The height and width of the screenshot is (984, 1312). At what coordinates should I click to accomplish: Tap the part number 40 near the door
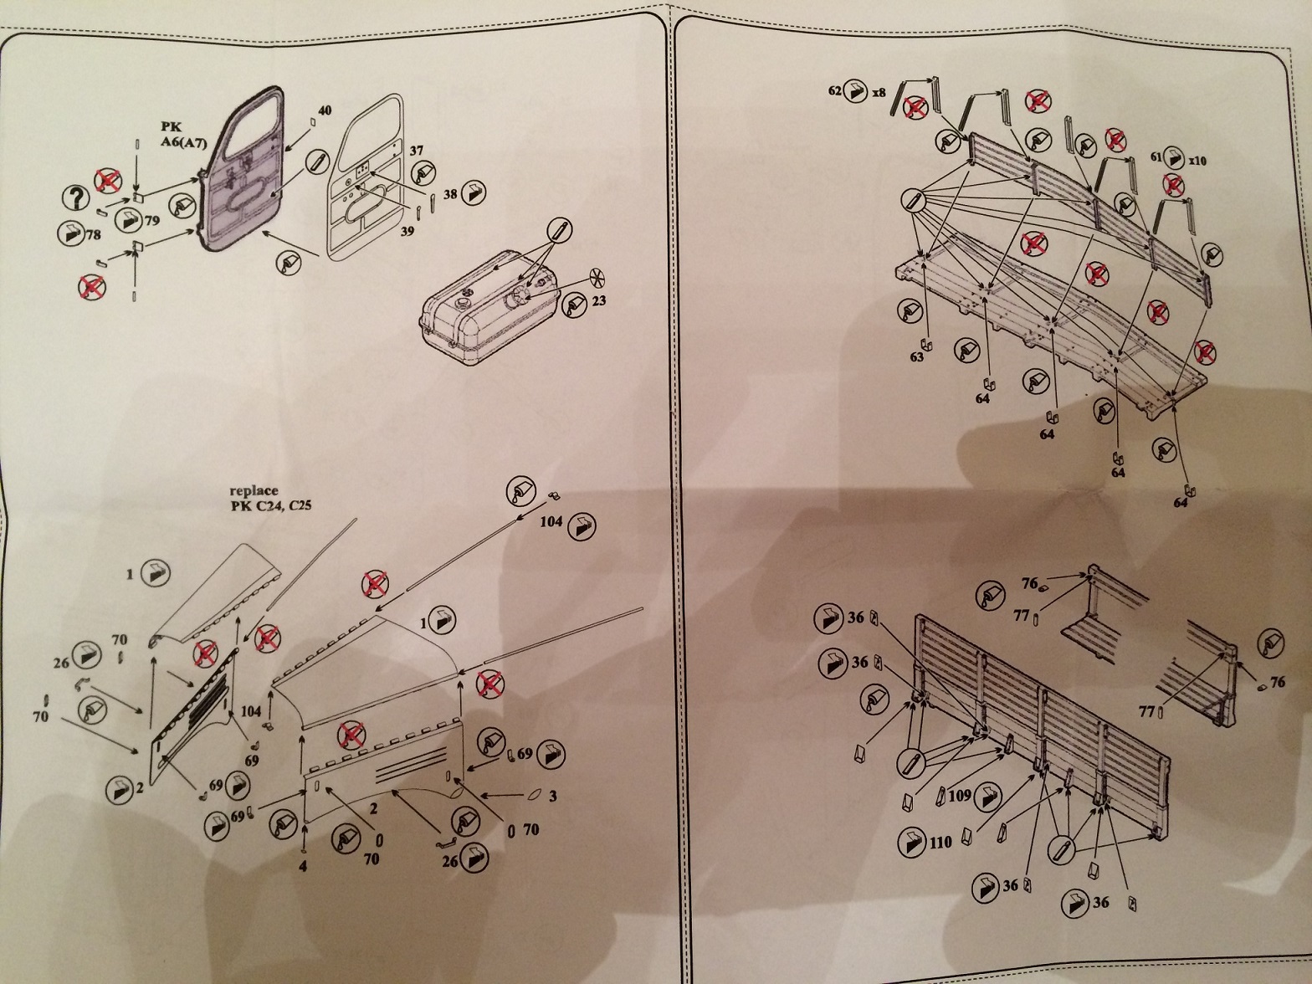pyautogui.click(x=325, y=110)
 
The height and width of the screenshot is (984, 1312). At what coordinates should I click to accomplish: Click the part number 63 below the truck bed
pyautogui.click(x=918, y=357)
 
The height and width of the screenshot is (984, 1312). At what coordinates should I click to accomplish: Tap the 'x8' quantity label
pyautogui.click(x=878, y=92)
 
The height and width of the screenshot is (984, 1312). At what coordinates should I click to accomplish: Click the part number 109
pyautogui.click(x=960, y=796)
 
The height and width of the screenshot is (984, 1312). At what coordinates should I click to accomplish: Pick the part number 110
pyautogui.click(x=941, y=843)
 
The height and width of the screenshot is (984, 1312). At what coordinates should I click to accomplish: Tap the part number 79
pyautogui.click(x=151, y=221)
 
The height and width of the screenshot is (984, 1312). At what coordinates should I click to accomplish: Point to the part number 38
pyautogui.click(x=450, y=194)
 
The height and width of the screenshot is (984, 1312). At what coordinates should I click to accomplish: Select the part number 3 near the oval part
pyautogui.click(x=552, y=797)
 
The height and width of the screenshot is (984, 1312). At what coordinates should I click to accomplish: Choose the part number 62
pyautogui.click(x=834, y=90)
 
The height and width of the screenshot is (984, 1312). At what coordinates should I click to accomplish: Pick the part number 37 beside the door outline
pyautogui.click(x=417, y=151)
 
